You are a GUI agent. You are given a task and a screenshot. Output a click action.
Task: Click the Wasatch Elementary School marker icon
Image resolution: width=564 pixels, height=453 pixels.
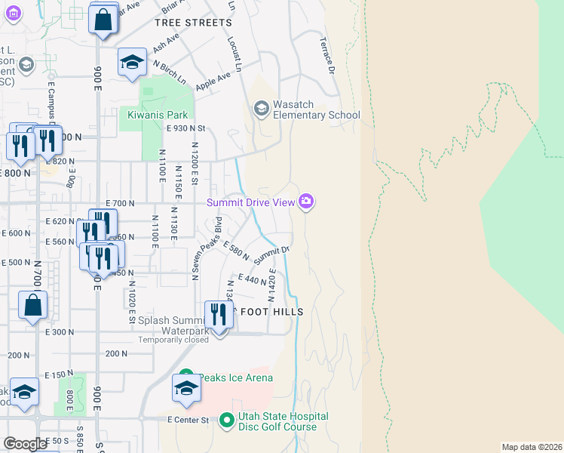point(262,109)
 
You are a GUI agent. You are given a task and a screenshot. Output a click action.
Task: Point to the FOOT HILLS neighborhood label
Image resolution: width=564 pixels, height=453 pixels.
point(271,312)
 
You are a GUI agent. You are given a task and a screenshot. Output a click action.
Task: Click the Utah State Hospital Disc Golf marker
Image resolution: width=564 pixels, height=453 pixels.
point(227,421)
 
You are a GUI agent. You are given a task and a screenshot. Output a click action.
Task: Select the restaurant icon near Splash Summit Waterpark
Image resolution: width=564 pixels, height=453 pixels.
point(218,314)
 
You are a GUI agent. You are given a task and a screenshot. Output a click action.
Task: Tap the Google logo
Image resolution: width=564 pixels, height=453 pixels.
point(25,444)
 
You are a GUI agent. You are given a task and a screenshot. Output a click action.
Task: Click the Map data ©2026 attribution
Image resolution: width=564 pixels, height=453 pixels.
point(532,446)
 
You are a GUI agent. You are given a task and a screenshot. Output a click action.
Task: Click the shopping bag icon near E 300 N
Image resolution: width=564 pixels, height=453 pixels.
point(33,306)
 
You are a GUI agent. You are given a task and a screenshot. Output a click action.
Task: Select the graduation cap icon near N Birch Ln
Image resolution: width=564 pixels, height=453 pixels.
point(132,62)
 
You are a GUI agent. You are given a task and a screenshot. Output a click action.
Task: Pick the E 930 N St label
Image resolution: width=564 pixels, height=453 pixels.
point(185,130)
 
